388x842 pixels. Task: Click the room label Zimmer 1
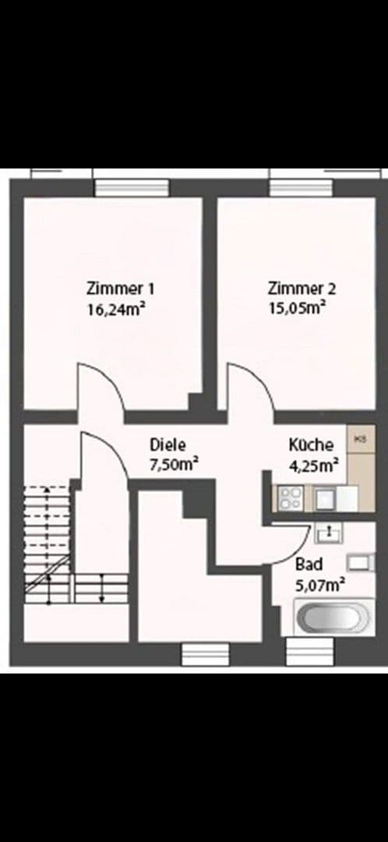(115, 288)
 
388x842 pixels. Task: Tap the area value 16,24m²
(117, 308)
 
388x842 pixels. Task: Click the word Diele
(168, 445)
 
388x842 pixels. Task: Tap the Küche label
(311, 445)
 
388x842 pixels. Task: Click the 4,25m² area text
(313, 465)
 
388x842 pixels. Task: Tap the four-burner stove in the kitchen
(290, 497)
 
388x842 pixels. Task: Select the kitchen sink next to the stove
(326, 496)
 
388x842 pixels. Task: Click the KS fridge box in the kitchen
(360, 440)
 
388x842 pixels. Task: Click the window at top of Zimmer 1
(132, 187)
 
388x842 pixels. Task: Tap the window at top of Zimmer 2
(301, 187)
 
